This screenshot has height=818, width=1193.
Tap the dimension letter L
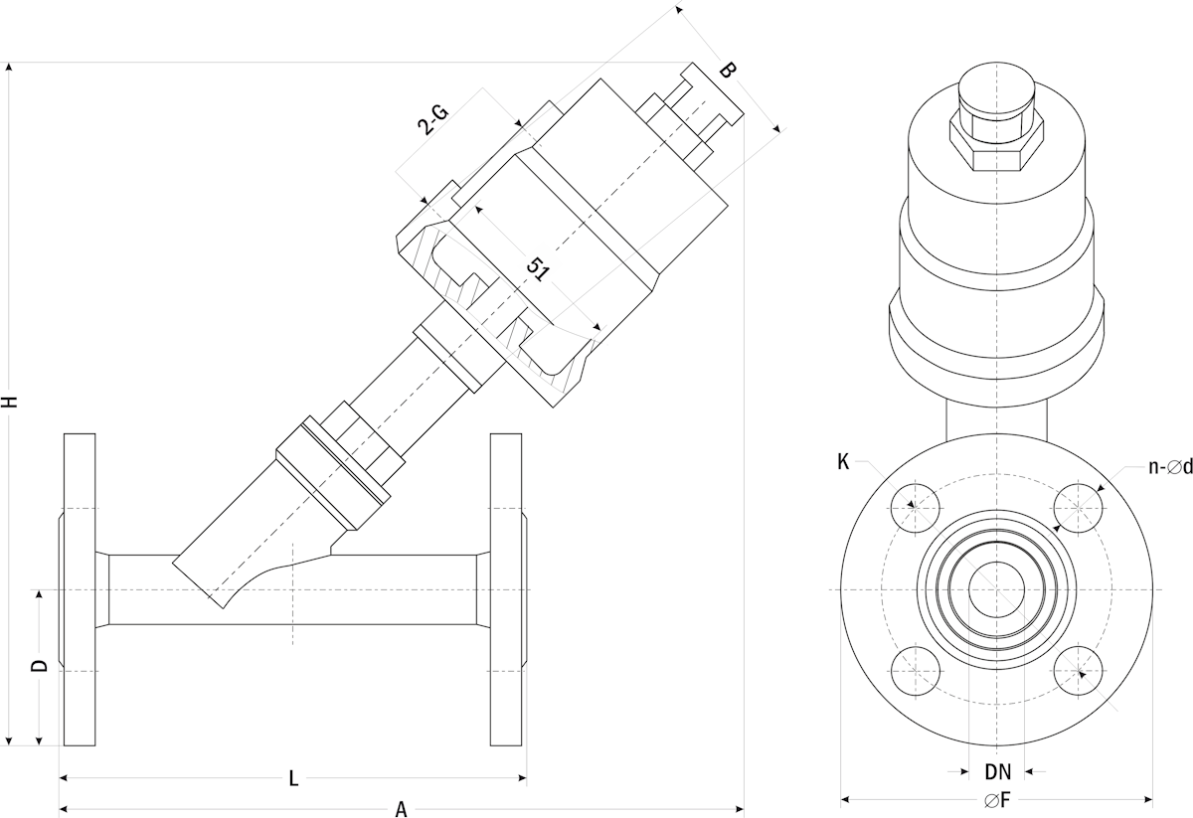click(293, 778)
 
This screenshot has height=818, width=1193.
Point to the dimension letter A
click(402, 808)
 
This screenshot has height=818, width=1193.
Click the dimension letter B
click(727, 71)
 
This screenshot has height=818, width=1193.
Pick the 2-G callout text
click(432, 120)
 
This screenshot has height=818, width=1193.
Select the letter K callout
click(843, 462)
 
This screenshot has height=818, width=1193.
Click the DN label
click(997, 771)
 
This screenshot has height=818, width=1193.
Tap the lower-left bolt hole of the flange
click(915, 671)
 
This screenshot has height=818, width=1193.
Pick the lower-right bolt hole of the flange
click(1078, 671)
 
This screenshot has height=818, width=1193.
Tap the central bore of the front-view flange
click(996, 589)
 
